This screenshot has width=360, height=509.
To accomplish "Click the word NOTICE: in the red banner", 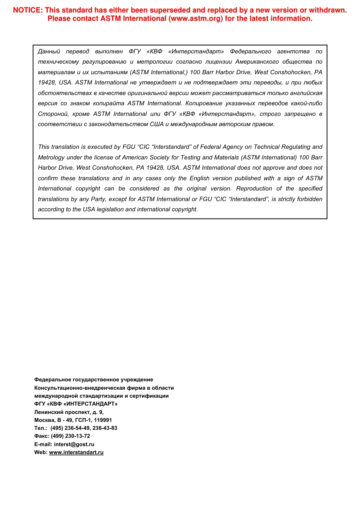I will [28, 10].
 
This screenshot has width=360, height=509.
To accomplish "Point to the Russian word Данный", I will [49, 52].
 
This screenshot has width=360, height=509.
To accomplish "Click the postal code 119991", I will [103, 420].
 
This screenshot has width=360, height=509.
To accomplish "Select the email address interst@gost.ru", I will [74, 444].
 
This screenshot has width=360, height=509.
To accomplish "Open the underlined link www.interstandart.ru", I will [76, 452].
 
